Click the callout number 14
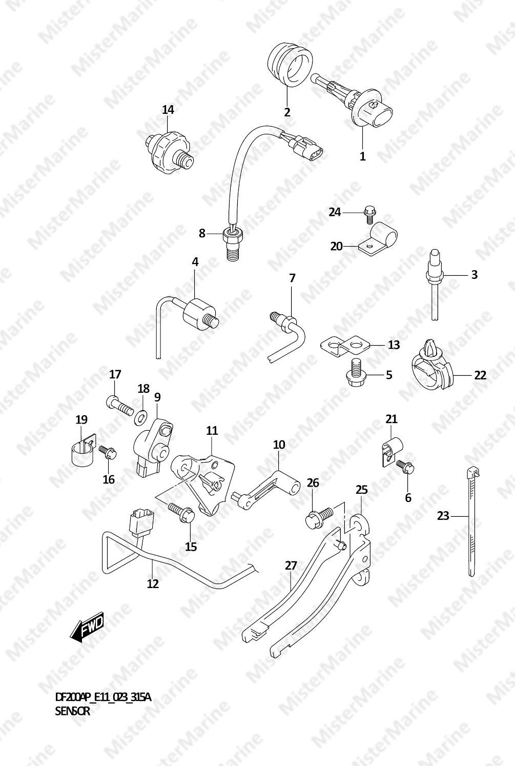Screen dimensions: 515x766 (x=168, y=110)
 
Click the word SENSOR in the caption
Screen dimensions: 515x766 (x=72, y=711)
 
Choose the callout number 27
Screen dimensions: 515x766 (x=291, y=566)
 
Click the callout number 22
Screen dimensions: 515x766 (x=480, y=375)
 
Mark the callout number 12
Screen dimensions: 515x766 (x=153, y=583)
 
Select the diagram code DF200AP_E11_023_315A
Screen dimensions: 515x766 (x=103, y=697)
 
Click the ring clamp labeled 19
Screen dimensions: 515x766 (x=83, y=449)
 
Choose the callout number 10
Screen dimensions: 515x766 (x=279, y=445)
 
